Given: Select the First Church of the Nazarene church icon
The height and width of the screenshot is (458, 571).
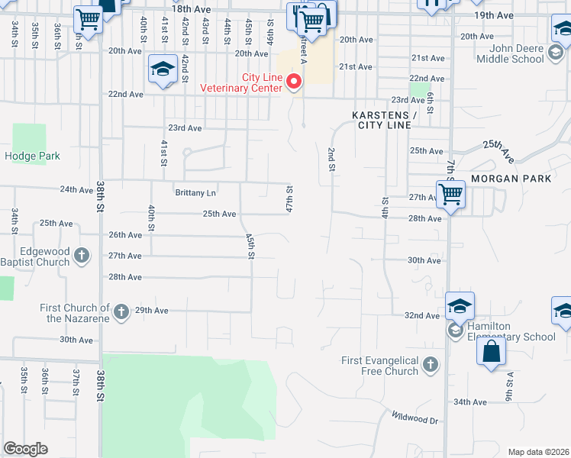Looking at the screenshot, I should [x=121, y=311].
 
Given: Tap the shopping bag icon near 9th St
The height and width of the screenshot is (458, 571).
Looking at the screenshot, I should [x=491, y=352].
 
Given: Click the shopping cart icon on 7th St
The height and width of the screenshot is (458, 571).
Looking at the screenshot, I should [x=450, y=196].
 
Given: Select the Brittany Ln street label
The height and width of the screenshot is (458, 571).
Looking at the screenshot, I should [x=195, y=193].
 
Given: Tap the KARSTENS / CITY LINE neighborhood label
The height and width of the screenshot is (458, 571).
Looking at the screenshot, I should [x=384, y=120].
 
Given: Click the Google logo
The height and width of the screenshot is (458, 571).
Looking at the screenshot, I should [x=26, y=449].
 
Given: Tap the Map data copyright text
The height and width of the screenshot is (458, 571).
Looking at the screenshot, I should [x=537, y=451].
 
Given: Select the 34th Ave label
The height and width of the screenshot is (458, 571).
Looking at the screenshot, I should [x=469, y=402].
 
